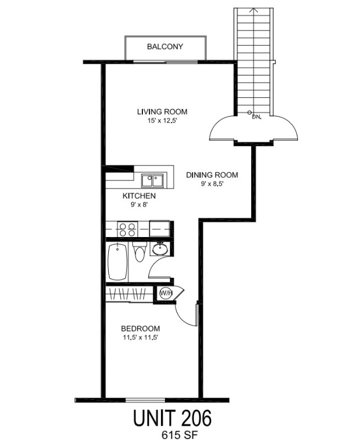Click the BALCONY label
(165, 47)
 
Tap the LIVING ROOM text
(158, 112)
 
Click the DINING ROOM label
(212, 175)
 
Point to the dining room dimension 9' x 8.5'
(212, 184)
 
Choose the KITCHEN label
(139, 196)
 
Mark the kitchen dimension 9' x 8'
(137, 204)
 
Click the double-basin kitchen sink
(152, 179)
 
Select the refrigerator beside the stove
(160, 228)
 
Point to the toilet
(140, 255)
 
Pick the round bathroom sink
(160, 249)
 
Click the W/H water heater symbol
(166, 293)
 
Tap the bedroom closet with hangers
(130, 293)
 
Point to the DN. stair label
(256, 117)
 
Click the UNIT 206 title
(171, 419)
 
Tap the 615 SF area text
(171, 434)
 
